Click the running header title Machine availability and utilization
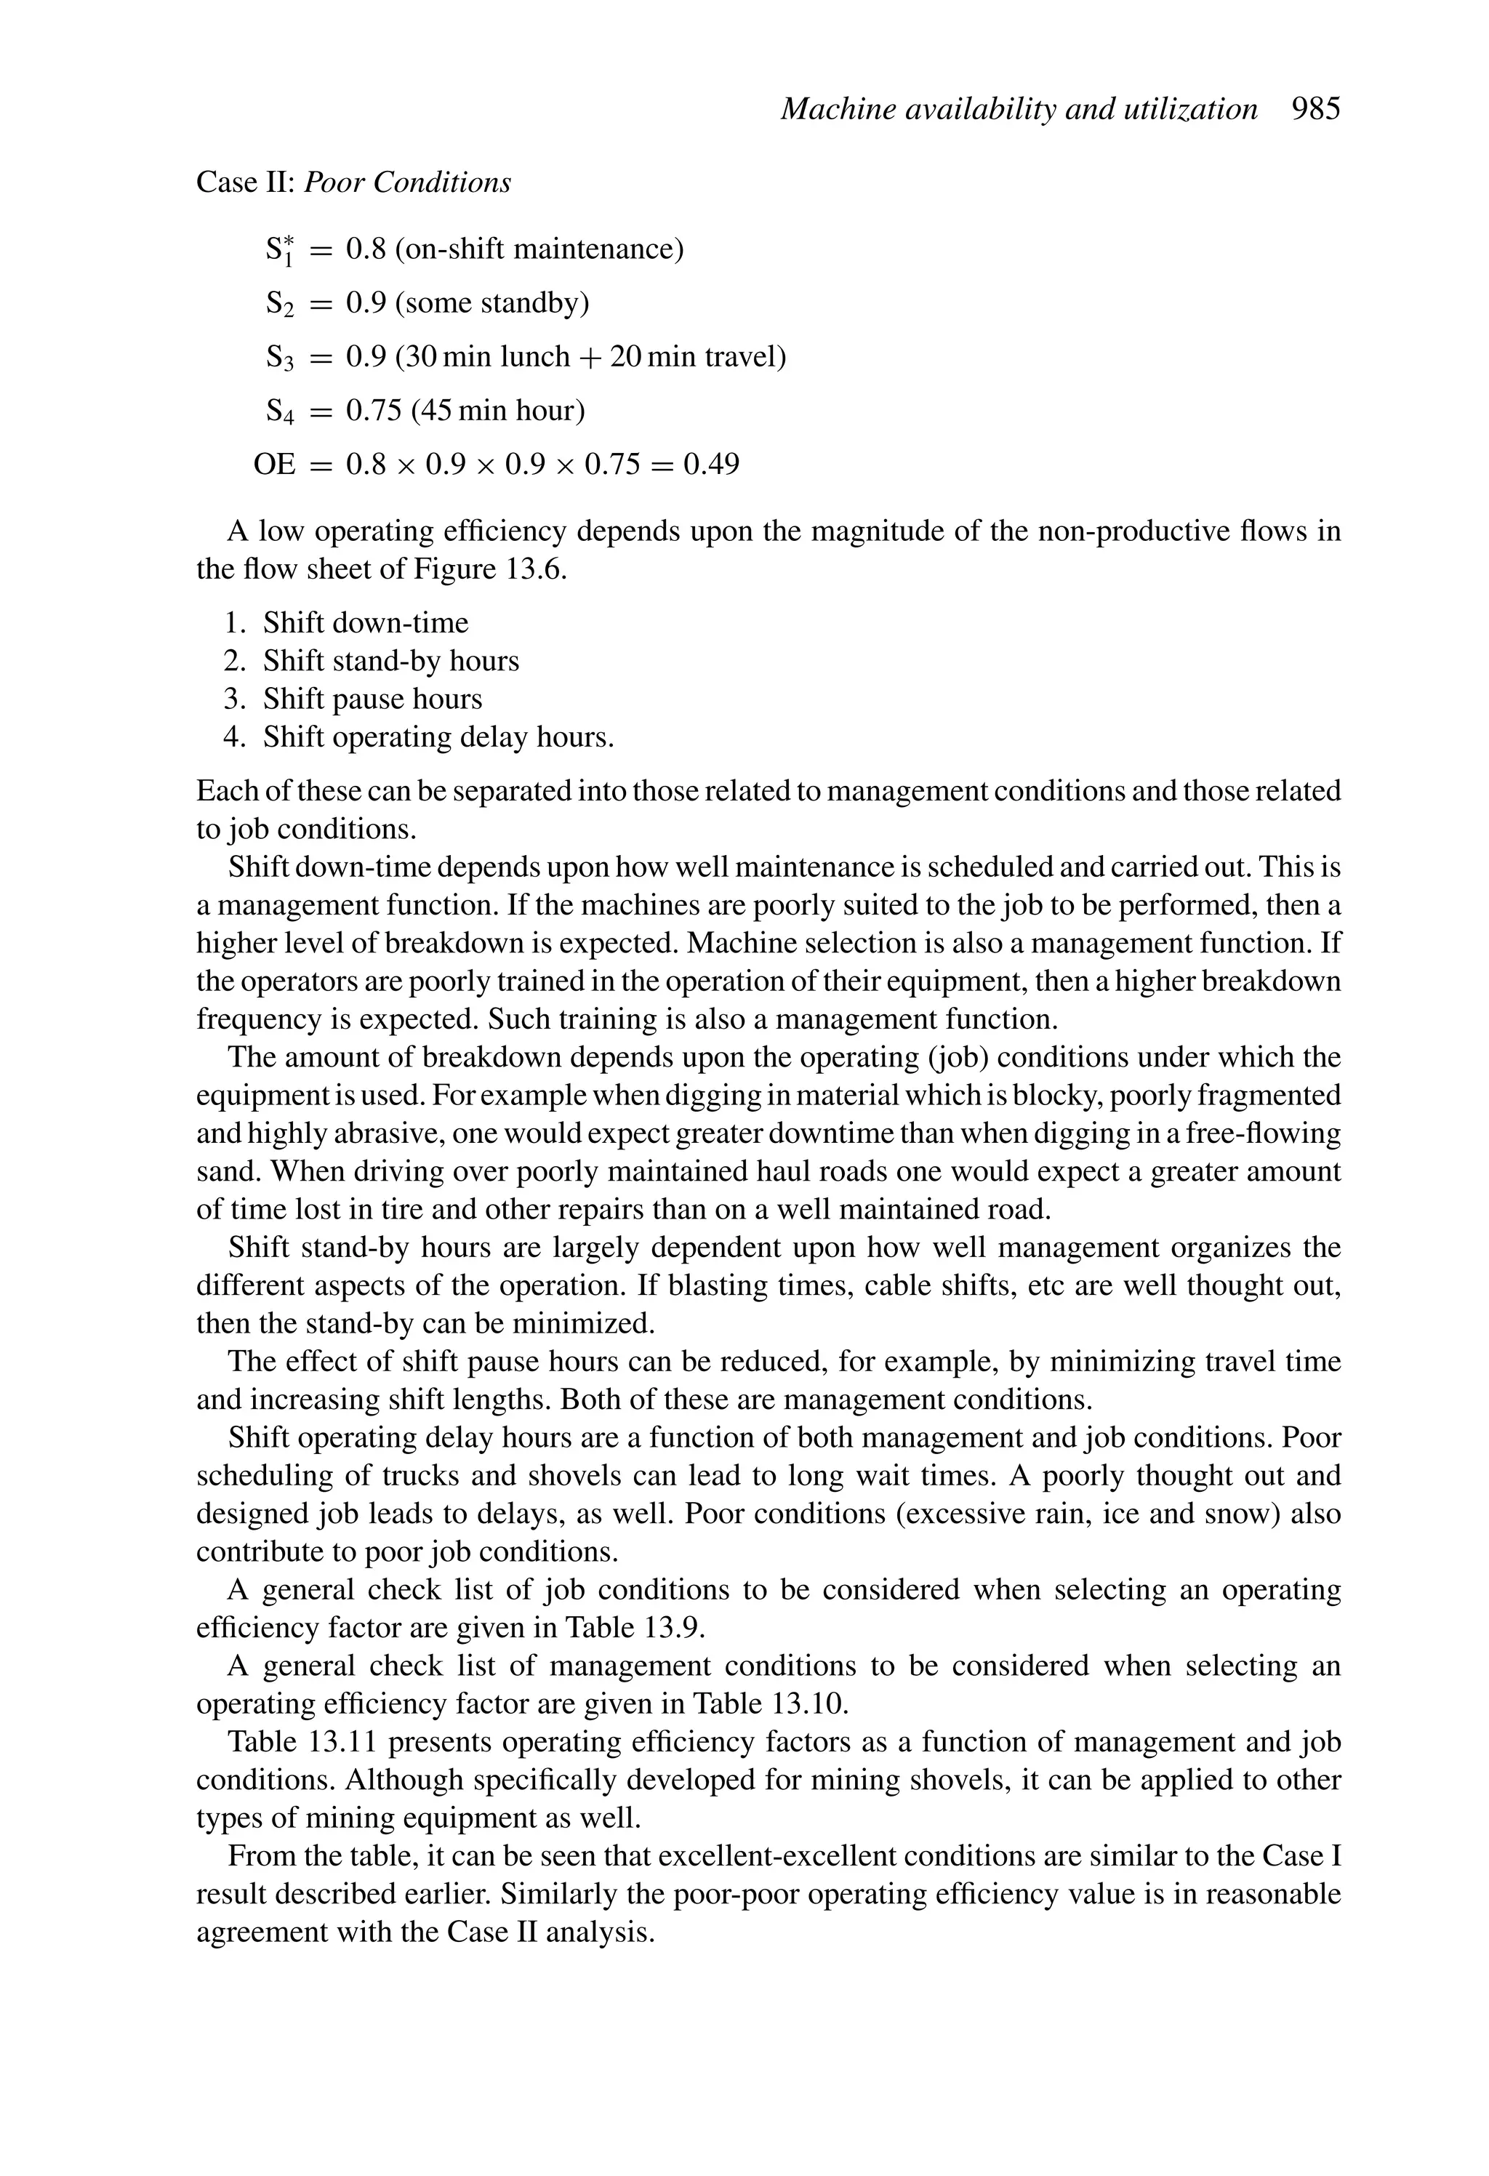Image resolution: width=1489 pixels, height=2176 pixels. click(x=1018, y=110)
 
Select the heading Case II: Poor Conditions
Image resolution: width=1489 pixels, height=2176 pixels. click(x=353, y=182)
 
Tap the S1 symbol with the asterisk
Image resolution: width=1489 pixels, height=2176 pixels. click(x=279, y=251)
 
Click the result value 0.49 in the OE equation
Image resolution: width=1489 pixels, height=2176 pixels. click(x=711, y=465)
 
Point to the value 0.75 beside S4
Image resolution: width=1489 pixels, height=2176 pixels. click(x=374, y=411)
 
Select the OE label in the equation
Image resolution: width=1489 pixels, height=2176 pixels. click(x=274, y=465)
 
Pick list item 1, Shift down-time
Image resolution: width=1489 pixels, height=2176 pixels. click(x=365, y=622)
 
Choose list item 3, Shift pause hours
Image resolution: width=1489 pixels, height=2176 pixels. click(x=372, y=699)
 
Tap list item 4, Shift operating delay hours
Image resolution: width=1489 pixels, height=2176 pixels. click(x=438, y=738)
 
